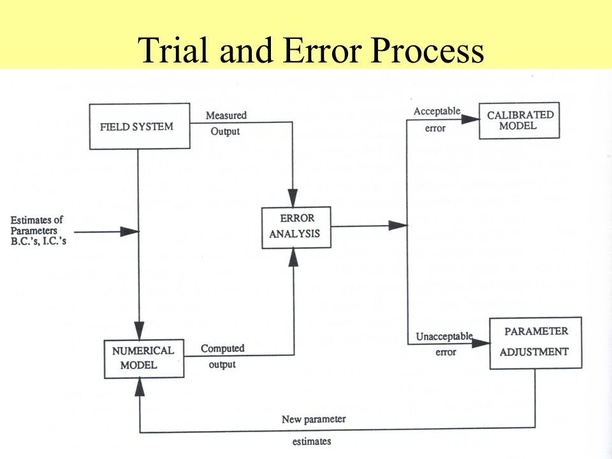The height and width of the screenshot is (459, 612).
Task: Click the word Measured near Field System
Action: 226,115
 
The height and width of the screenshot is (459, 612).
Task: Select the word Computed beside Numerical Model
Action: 222,348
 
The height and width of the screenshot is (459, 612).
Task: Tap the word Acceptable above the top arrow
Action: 437,111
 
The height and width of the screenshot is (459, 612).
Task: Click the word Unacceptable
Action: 444,337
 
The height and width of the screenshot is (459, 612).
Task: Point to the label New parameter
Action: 314,419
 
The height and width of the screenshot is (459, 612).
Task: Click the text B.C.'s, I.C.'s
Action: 38,241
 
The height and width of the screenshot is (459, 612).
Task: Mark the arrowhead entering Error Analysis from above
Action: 293,198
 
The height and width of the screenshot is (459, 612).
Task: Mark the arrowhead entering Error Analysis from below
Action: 293,257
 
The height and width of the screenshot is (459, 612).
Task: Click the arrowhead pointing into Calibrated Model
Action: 470,119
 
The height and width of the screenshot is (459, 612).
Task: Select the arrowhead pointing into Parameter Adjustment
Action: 481,344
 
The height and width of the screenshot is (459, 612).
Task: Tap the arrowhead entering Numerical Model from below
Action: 140,387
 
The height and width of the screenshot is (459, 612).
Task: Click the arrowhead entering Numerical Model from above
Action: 139,331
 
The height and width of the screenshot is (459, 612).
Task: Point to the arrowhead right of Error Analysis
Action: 398,225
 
